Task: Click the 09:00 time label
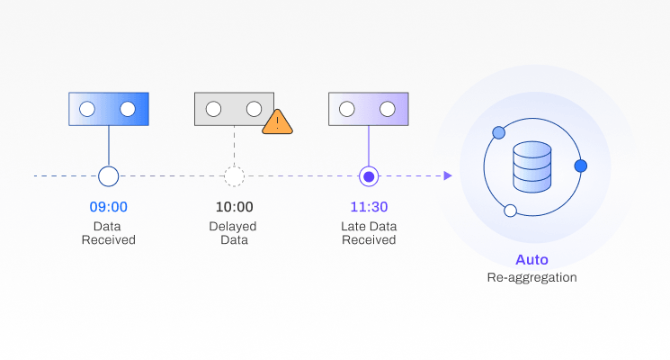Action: tap(108, 207)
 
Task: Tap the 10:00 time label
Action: tap(234, 207)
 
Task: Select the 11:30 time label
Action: tap(368, 207)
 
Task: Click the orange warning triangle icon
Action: tap(278, 121)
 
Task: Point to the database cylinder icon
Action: tap(532, 166)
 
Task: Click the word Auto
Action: tap(532, 260)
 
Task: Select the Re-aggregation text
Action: tap(532, 277)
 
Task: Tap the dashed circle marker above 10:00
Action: tap(234, 175)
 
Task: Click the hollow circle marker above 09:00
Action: tap(108, 175)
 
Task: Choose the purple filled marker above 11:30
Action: tap(368, 175)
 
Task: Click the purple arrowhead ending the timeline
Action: tap(447, 175)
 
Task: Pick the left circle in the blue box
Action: tap(87, 109)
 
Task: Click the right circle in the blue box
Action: tap(128, 109)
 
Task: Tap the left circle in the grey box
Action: tap(213, 109)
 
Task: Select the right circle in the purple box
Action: tap(388, 109)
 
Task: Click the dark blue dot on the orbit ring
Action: tap(580, 166)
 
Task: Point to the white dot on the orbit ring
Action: tap(510, 211)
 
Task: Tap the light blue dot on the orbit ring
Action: tap(498, 133)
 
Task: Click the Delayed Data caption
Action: tap(234, 233)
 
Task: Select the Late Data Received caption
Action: tap(368, 233)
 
